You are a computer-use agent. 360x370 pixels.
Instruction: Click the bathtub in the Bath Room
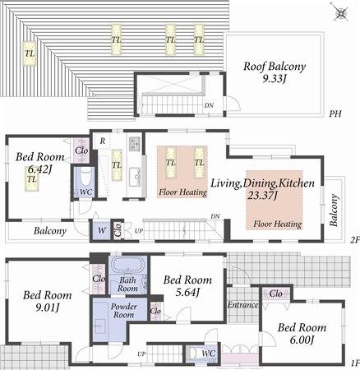coord(127,267)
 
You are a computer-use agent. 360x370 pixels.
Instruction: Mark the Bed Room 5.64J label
coord(188,284)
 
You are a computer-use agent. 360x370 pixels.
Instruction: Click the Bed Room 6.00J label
coord(302,333)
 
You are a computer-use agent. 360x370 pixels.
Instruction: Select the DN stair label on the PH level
coord(209,105)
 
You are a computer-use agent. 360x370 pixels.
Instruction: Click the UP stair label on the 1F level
coord(142,354)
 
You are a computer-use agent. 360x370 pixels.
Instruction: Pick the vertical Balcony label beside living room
coord(335,210)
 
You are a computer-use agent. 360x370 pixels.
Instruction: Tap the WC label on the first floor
coord(209,354)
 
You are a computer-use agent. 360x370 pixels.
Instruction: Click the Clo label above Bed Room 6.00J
coord(277,293)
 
